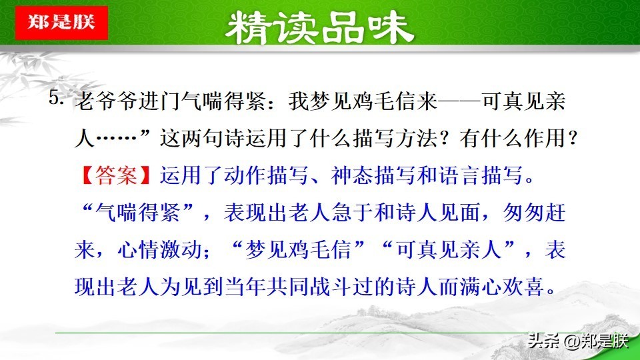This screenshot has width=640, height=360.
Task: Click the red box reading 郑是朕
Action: (x=61, y=23)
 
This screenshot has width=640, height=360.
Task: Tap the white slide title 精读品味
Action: (x=319, y=28)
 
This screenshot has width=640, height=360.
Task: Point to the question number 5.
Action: (x=56, y=97)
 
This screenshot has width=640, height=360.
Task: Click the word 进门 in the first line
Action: (x=159, y=101)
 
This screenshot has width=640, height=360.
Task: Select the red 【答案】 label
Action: (x=116, y=175)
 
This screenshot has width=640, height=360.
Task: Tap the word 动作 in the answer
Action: (x=245, y=175)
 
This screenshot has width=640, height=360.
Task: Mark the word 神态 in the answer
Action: (x=352, y=175)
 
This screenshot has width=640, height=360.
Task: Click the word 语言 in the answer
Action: (x=459, y=175)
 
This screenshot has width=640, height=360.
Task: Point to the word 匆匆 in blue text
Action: (x=524, y=212)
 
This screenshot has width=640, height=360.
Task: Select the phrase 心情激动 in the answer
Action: (x=159, y=249)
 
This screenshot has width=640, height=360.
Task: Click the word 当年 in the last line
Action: (x=245, y=287)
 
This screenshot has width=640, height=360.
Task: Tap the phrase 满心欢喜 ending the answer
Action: (x=502, y=287)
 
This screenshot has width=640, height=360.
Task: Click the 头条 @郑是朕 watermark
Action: (x=577, y=341)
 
